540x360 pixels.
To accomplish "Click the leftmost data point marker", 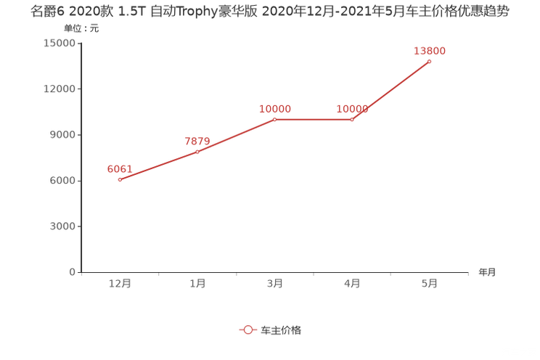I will tap(120, 179).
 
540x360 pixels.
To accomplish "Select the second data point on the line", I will tap(197, 152).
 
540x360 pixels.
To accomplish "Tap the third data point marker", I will tap(275, 119).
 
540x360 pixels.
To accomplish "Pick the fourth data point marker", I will tap(352, 119).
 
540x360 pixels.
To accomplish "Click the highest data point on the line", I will tap(430, 62).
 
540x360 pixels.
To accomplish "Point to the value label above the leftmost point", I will tap(119, 168).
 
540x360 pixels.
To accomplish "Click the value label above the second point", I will tap(197, 141).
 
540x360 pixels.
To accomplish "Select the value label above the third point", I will tap(275, 109).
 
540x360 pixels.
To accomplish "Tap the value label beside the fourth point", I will tap(352, 109).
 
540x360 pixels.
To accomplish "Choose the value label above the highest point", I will tap(430, 50).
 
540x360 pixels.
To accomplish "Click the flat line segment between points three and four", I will tap(314, 119).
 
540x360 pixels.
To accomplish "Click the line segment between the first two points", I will tap(158, 165).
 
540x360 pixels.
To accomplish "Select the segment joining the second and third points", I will tap(236, 136).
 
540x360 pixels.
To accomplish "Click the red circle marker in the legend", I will tap(248, 330).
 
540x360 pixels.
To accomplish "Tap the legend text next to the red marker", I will tap(281, 330).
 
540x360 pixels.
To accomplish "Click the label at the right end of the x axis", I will tap(487, 272).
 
